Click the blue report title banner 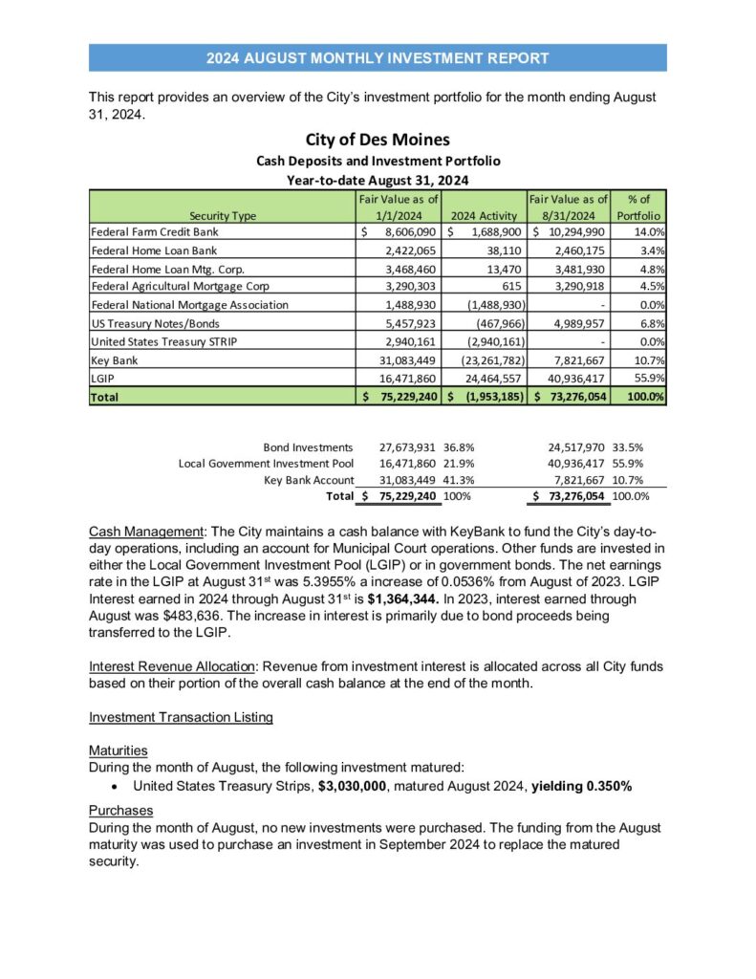tap(378, 57)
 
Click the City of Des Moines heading tap(378, 140)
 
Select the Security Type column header tap(223, 215)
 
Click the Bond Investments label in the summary tap(308, 446)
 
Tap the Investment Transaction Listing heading tap(181, 717)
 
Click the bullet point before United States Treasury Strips tap(115, 786)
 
